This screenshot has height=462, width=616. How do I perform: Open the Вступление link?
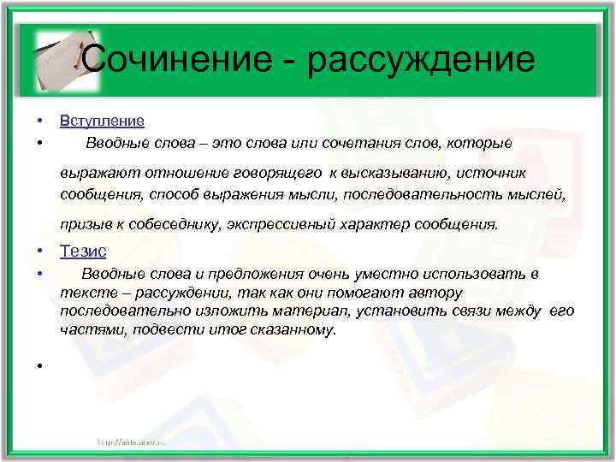[102, 121]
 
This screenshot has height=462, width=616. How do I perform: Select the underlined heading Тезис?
[83, 252]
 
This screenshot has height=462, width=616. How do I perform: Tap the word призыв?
[83, 224]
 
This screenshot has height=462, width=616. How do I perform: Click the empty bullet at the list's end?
[39, 366]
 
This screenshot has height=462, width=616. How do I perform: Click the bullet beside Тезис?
[39, 252]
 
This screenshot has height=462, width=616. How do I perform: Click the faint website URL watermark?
[137, 441]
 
